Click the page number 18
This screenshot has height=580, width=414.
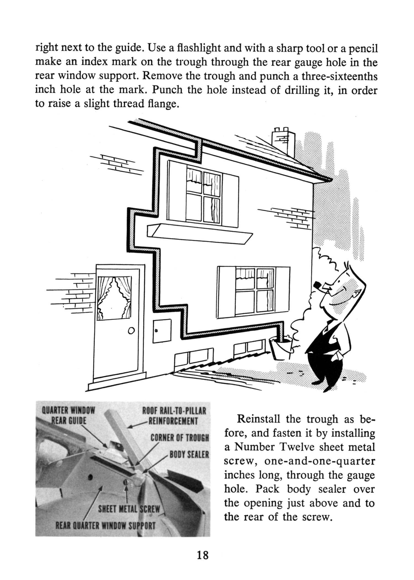203,555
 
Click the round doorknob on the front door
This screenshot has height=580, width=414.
131,330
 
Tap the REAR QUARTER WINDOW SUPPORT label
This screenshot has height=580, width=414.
105,525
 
